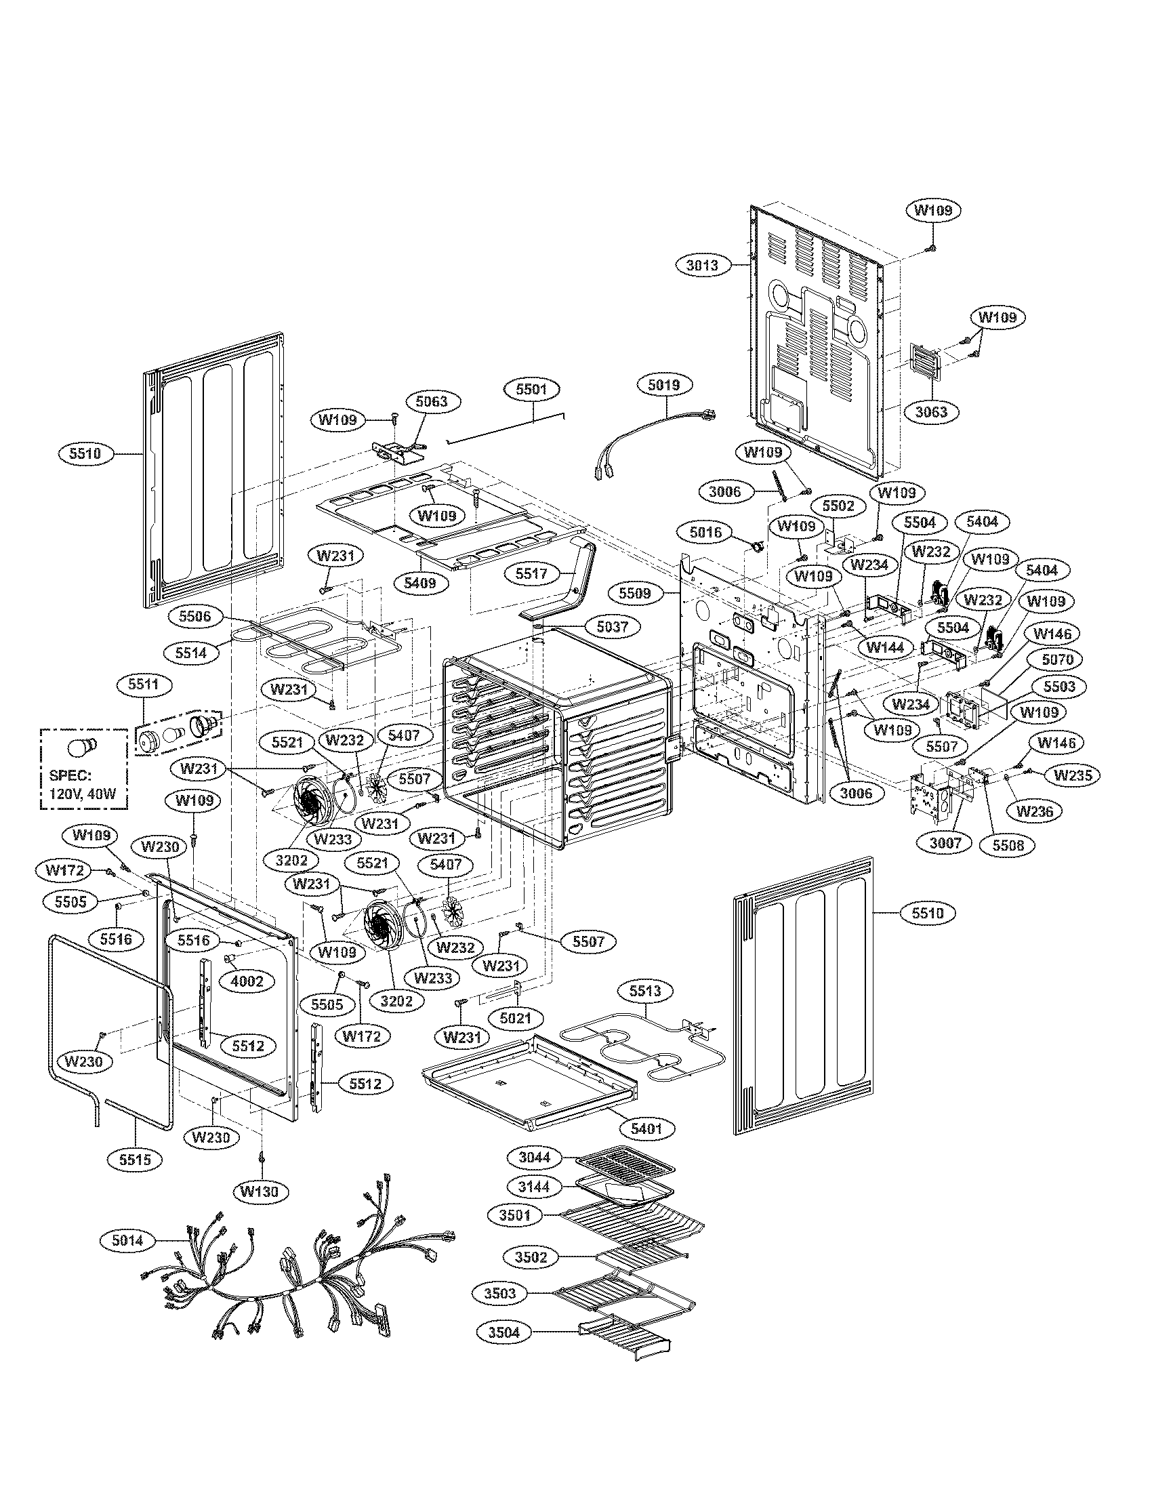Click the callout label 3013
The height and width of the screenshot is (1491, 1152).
[x=702, y=265]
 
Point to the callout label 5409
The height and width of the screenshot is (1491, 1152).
[x=419, y=583]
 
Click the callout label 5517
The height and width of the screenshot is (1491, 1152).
[x=532, y=573]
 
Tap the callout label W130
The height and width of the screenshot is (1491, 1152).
[x=260, y=1191]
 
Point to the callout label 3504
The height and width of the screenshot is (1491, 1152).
[x=503, y=1332]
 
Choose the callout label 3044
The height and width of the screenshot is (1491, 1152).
[x=534, y=1157]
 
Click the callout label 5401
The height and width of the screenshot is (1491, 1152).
[x=646, y=1128]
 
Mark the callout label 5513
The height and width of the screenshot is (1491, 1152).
[x=645, y=990]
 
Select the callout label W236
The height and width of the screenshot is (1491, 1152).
[x=1034, y=811]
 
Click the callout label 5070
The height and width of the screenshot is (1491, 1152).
[x=1057, y=659]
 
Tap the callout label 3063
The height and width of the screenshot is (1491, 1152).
[x=932, y=411]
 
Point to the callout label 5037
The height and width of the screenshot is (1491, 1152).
[x=612, y=626]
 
